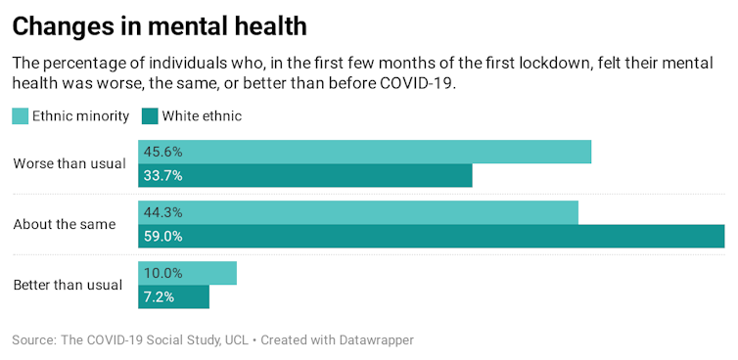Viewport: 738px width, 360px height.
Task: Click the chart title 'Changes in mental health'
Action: [x=160, y=24]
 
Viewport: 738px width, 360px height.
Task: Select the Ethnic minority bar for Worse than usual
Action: [x=364, y=152]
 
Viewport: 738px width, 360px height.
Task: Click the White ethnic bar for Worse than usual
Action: [x=305, y=176]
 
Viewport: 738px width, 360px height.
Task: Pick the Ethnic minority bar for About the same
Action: [x=358, y=212]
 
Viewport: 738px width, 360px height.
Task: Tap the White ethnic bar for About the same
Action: [x=431, y=237]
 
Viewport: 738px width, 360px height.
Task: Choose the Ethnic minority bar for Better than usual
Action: [x=187, y=273]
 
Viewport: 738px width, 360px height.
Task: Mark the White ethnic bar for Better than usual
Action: [x=173, y=296]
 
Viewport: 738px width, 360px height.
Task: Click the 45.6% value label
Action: [x=163, y=152]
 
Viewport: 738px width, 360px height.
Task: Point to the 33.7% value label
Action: [x=163, y=176]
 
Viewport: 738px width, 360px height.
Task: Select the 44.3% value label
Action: [x=163, y=212]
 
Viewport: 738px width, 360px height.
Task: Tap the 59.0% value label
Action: [x=163, y=237]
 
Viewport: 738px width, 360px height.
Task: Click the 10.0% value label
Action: [x=163, y=273]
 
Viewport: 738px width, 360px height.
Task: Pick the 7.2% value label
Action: [x=160, y=296]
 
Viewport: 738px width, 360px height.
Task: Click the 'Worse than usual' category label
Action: [x=69, y=163]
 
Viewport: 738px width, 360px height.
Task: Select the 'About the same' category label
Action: [x=65, y=224]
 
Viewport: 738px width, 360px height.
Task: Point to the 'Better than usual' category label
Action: [x=68, y=285]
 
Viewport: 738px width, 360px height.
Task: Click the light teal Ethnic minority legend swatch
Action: [x=21, y=116]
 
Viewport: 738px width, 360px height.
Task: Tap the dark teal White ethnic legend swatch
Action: [x=150, y=116]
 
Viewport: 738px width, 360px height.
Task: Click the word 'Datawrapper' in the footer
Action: [x=375, y=339]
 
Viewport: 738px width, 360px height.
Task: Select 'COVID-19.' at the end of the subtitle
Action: [x=422, y=84]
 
